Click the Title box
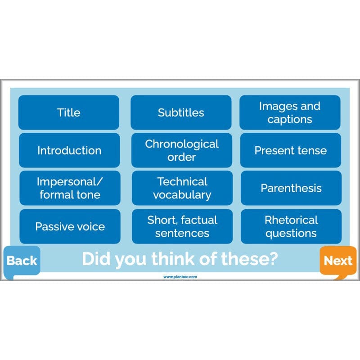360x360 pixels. tap(68, 112)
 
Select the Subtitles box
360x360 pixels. tap(181, 112)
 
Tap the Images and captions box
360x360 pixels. tap(290, 112)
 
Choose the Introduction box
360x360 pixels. tap(69, 150)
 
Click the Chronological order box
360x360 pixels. tap(181, 150)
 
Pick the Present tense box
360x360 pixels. tap(290, 150)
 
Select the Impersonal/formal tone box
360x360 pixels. tap(69, 188)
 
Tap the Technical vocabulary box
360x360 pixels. tap(182, 188)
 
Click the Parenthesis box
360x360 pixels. tap(291, 188)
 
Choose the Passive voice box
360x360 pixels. tap(69, 226)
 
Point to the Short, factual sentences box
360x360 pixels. tap(182, 226)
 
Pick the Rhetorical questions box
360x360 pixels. tap(291, 226)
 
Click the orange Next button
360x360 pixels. tap(338, 261)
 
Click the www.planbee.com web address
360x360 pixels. tap(180, 277)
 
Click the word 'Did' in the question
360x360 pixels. tap(96, 259)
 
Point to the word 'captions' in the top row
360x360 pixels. tap(290, 119)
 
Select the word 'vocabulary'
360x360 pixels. tap(182, 195)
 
